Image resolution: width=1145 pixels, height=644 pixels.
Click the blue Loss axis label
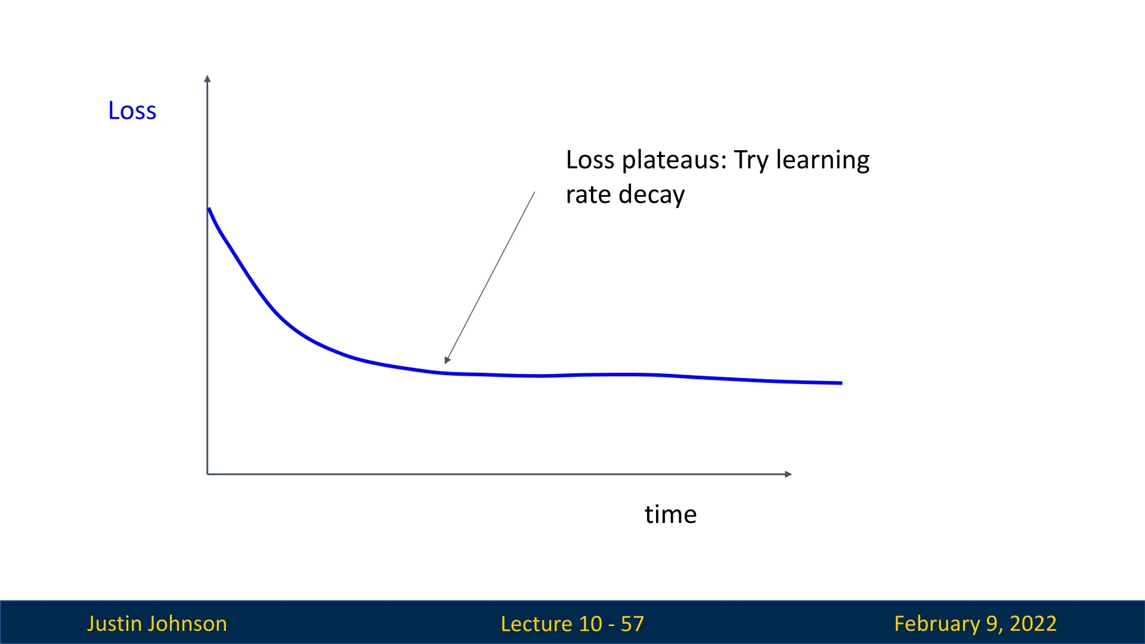point(132,111)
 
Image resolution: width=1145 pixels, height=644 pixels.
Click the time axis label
point(670,514)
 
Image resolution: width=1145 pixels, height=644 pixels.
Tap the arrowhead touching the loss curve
point(447,360)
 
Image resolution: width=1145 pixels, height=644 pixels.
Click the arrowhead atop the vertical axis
point(207,78)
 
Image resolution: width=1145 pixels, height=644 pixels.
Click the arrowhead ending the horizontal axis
point(788,474)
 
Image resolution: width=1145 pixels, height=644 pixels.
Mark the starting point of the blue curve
point(209,209)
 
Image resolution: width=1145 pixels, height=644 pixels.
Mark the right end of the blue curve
point(841,383)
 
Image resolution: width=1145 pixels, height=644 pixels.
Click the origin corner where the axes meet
point(208,474)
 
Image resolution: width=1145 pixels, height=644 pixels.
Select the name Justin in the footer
point(114,624)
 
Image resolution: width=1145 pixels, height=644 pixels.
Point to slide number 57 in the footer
point(632,624)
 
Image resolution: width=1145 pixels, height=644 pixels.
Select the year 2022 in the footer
point(1033,624)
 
